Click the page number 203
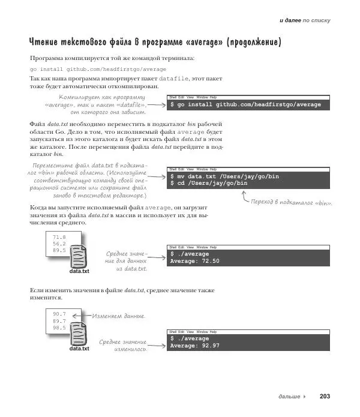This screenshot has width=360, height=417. pos(325,396)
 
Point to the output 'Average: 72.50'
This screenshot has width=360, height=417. pos(195,261)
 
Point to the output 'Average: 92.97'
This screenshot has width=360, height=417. pos(195,346)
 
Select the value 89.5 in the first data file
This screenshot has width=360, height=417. pos(59,250)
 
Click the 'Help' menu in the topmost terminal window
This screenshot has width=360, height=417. pos(213,97)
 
